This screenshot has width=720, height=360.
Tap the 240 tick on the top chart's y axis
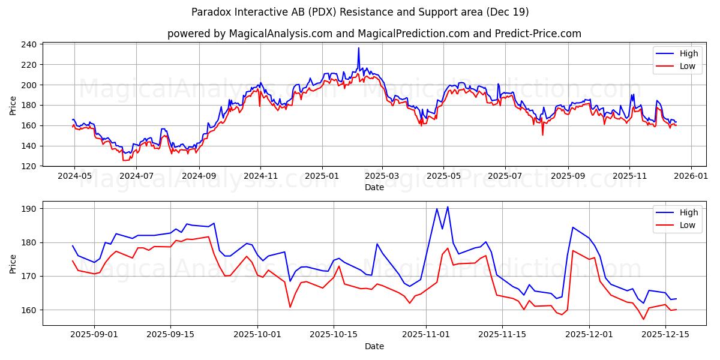pyautogui.click(x=29, y=44)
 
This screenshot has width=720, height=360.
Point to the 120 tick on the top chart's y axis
pyautogui.click(x=29, y=166)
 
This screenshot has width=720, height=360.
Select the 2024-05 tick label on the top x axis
pyautogui.click(x=74, y=176)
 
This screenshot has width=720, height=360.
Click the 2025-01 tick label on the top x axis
pyautogui.click(x=322, y=176)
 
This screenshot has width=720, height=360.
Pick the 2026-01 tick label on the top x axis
pyautogui.click(x=691, y=176)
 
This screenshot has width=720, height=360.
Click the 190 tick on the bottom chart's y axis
pyautogui.click(x=29, y=209)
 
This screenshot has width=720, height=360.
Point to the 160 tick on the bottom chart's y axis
pyautogui.click(x=29, y=310)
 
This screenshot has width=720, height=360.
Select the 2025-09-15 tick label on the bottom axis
pyautogui.click(x=171, y=335)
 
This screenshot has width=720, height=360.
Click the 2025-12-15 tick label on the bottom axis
pyautogui.click(x=665, y=335)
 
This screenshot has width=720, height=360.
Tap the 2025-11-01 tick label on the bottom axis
pyautogui.click(x=426, y=335)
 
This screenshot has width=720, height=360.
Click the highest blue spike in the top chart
pyautogui.click(x=359, y=48)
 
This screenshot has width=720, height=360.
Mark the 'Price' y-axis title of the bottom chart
pyautogui.click(x=13, y=263)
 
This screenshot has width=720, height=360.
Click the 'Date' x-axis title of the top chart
pyautogui.click(x=374, y=187)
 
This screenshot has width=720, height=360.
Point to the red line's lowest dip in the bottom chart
pyautogui.click(x=643, y=319)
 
